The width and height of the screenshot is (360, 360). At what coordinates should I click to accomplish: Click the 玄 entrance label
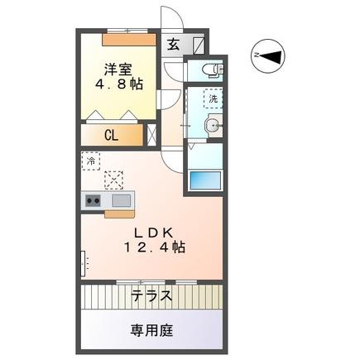pyautogui.click(x=174, y=46)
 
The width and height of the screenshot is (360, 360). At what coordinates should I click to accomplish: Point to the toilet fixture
pyautogui.click(x=211, y=68)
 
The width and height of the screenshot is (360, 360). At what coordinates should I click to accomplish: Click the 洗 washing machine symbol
pyautogui.click(x=214, y=98)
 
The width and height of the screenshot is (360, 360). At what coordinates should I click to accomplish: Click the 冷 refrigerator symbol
pyautogui.click(x=89, y=161)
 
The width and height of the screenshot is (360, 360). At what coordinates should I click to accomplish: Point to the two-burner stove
pyautogui.click(x=92, y=200)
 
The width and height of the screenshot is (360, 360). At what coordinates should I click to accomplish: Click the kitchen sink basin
pyautogui.click(x=122, y=200)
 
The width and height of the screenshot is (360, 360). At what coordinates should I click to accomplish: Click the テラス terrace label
pyautogui.click(x=151, y=295)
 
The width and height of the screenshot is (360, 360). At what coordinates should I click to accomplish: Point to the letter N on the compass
pyautogui.click(x=257, y=55)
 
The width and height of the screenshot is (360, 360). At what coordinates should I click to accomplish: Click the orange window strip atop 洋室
pyautogui.click(x=129, y=37)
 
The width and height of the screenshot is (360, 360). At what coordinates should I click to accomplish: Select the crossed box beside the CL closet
pyautogui.click(x=151, y=136)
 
